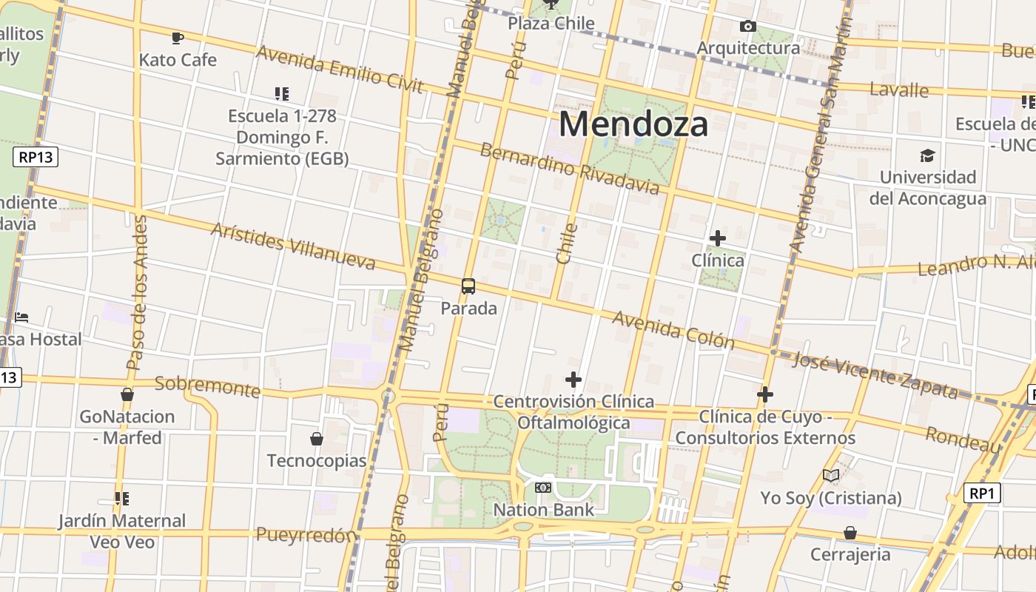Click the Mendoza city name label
633,124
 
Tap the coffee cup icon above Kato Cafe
177,38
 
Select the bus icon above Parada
468,286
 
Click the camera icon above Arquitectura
748,27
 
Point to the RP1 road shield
983,493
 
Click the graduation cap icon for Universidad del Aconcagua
927,155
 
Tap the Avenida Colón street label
673,329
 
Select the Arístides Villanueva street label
293,245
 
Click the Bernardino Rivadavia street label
569,169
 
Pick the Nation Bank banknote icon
543,488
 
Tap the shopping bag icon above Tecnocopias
317,439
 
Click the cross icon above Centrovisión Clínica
573,380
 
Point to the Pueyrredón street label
306,534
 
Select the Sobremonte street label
207,386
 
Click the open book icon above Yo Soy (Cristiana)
831,475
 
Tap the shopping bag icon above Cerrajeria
850,533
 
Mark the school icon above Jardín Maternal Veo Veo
122,499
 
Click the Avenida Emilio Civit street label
340,69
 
